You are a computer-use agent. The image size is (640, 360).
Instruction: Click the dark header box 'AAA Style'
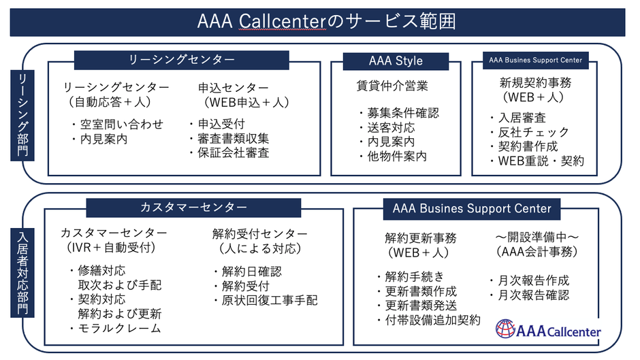pyautogui.click(x=396, y=61)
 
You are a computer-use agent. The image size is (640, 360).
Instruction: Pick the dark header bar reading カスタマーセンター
pyautogui.click(x=193, y=207)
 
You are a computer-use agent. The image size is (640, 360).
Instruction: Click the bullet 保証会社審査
pyautogui.click(x=229, y=153)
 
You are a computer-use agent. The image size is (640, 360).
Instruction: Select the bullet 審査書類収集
pyautogui.click(x=229, y=139)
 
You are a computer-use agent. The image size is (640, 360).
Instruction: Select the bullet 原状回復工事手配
pyautogui.click(x=266, y=300)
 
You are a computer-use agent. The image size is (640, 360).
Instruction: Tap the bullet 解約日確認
pyautogui.click(x=247, y=271)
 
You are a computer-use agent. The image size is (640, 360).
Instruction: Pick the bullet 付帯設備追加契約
pyautogui.click(x=428, y=319)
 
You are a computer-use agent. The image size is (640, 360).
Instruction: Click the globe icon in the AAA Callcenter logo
pyautogui.click(x=505, y=329)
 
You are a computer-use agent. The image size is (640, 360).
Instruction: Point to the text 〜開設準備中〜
pyautogui.click(x=537, y=236)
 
